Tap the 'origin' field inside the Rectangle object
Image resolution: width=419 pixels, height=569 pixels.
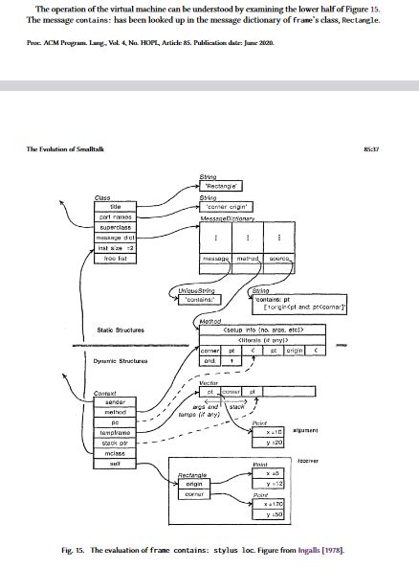point(191,485)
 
